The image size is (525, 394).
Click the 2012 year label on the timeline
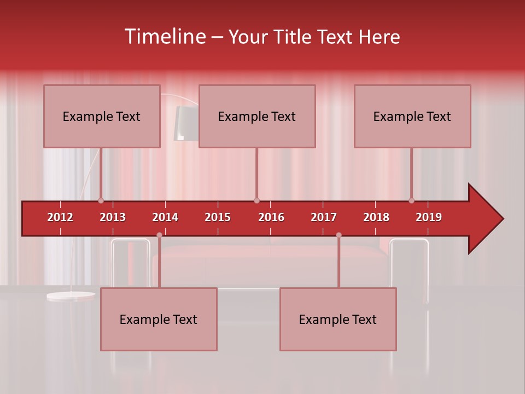(60, 217)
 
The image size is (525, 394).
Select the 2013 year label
(113, 217)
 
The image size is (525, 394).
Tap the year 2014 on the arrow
(165, 217)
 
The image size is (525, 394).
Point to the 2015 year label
(218, 217)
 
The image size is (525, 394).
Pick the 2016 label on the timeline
(271, 217)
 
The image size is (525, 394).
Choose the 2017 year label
(324, 217)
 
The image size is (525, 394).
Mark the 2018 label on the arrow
(376, 217)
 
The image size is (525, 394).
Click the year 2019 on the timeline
(429, 217)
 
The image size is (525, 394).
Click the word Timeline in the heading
(164, 37)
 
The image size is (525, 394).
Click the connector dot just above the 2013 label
(101, 200)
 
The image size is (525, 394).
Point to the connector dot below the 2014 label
(159, 235)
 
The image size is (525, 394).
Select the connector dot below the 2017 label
(339, 235)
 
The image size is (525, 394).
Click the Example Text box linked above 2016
(257, 116)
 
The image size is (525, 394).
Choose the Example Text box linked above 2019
(412, 116)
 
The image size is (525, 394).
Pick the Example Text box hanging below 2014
(159, 319)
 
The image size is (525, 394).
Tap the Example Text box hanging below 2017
(338, 319)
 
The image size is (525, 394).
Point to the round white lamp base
(71, 296)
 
